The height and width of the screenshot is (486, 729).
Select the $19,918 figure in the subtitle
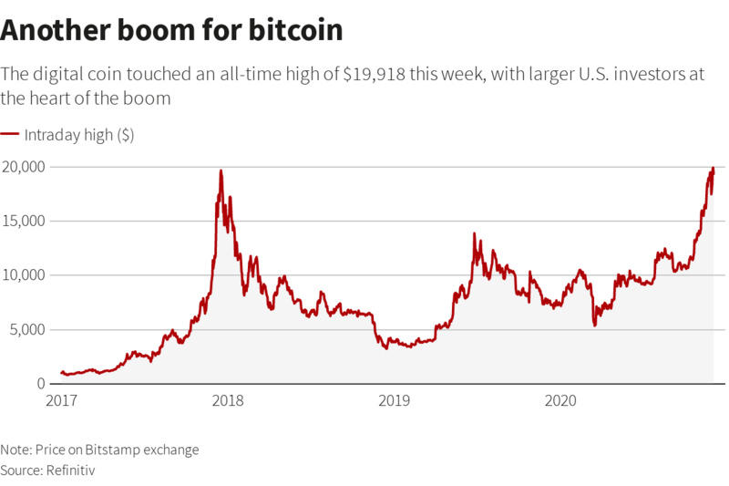374,75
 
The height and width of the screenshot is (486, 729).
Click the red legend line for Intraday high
10,134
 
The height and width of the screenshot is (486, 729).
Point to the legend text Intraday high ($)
79,135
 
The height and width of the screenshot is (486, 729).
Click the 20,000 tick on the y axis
24,167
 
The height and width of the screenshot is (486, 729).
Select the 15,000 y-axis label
24,221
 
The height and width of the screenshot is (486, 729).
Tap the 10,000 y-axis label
24,274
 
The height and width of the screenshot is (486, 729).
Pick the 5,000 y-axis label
27,329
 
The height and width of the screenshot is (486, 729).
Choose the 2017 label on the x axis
61,399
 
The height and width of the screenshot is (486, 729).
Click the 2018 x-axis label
227,399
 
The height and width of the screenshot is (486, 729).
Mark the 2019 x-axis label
394,399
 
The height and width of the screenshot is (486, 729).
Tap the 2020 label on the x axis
560,399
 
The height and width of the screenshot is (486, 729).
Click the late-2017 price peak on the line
221,171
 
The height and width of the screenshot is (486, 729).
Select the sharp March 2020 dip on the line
595,325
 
